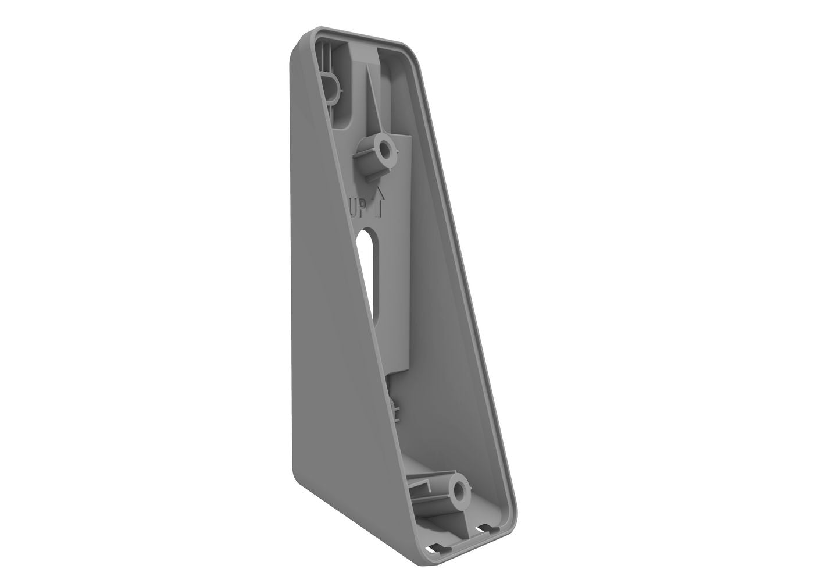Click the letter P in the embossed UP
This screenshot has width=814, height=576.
(364, 207)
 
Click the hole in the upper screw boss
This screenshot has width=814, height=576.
(384, 147)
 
